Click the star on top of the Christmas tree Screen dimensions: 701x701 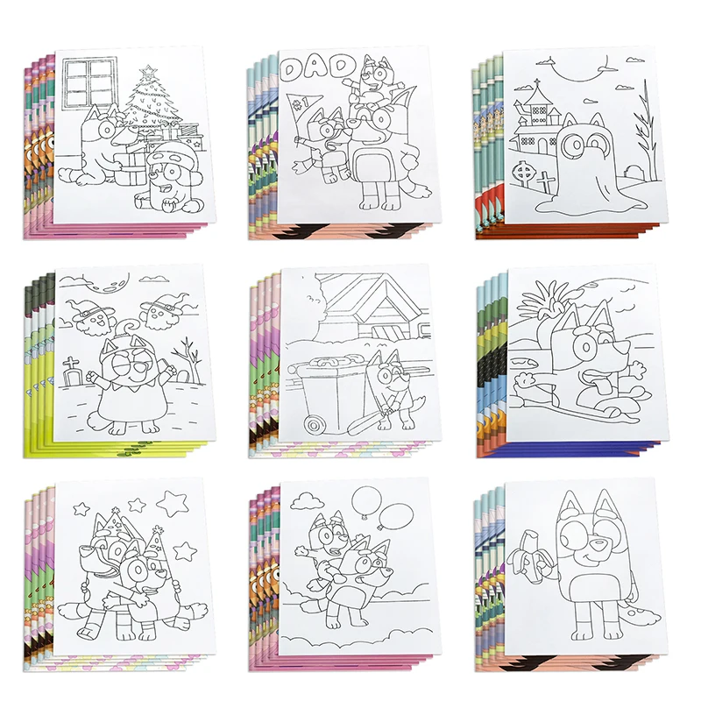pyautogui.click(x=150, y=69)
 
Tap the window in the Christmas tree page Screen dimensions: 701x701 pyautogui.click(x=91, y=80)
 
